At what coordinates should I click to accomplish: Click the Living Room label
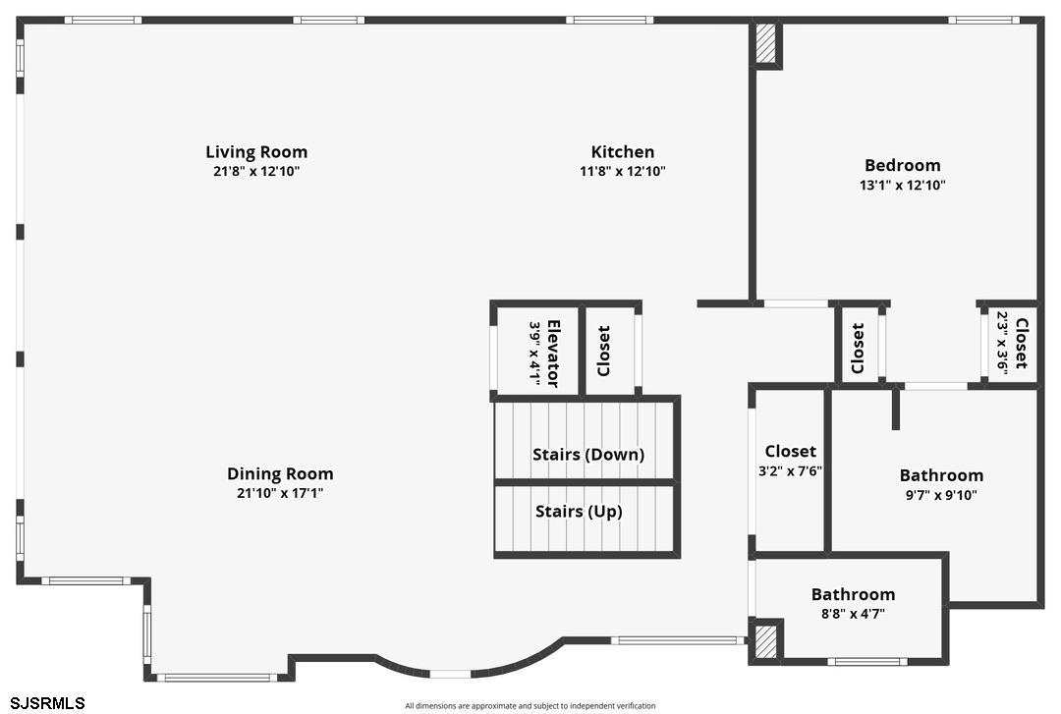[x=256, y=152]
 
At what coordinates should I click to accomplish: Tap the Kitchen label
[x=622, y=152]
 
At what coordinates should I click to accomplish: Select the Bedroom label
[x=902, y=166]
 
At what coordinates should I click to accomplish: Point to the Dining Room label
[x=280, y=474]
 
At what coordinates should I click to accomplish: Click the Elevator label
[x=553, y=353]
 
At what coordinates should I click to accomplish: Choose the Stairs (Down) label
[x=587, y=455]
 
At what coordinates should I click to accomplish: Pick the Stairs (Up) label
[x=579, y=512]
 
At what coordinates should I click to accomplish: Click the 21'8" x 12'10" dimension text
[x=256, y=172]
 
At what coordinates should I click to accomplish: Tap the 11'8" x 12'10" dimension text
[x=623, y=172]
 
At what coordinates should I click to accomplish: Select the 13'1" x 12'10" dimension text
[x=903, y=186]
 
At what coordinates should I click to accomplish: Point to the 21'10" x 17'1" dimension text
[x=280, y=494]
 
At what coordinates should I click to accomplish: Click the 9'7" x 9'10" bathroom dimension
[x=940, y=496]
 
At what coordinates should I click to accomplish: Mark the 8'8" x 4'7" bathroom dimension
[x=852, y=615]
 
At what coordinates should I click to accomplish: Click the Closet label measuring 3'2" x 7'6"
[x=790, y=452]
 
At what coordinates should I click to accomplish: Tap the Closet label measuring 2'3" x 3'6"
[x=1022, y=343]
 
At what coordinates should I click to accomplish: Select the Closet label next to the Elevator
[x=604, y=352]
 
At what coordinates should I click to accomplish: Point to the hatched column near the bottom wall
[x=764, y=642]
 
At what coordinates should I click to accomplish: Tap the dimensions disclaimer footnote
[x=530, y=706]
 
